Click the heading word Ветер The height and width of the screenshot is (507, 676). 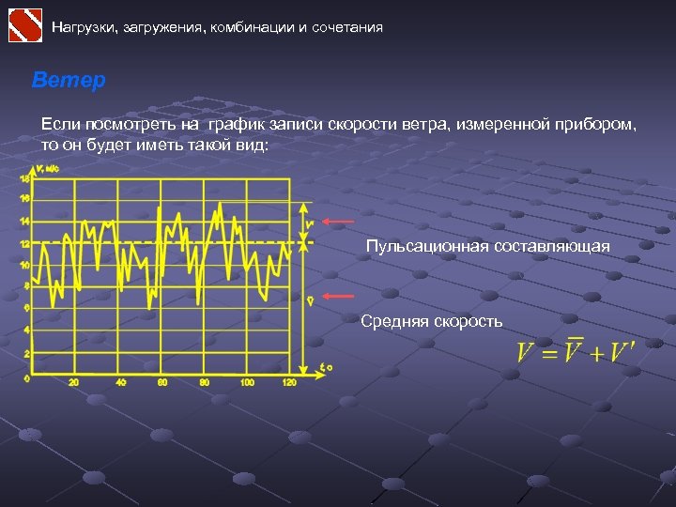point(69,81)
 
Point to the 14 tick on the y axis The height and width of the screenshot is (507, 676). point(25,222)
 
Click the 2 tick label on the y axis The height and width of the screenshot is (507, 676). point(26,354)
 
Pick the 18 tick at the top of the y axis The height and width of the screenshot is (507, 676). point(25,177)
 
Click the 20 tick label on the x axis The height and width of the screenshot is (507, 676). point(74,382)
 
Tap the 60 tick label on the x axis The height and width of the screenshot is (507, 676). point(161,382)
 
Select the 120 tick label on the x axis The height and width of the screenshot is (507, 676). point(288,382)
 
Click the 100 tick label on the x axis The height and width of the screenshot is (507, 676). point(247,382)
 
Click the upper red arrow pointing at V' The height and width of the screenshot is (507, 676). point(338,222)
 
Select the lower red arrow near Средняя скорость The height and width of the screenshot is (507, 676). point(338,296)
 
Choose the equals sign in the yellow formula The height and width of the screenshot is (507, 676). point(549,354)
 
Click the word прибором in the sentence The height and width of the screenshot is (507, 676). point(597,124)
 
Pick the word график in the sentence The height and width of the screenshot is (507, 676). point(237,124)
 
